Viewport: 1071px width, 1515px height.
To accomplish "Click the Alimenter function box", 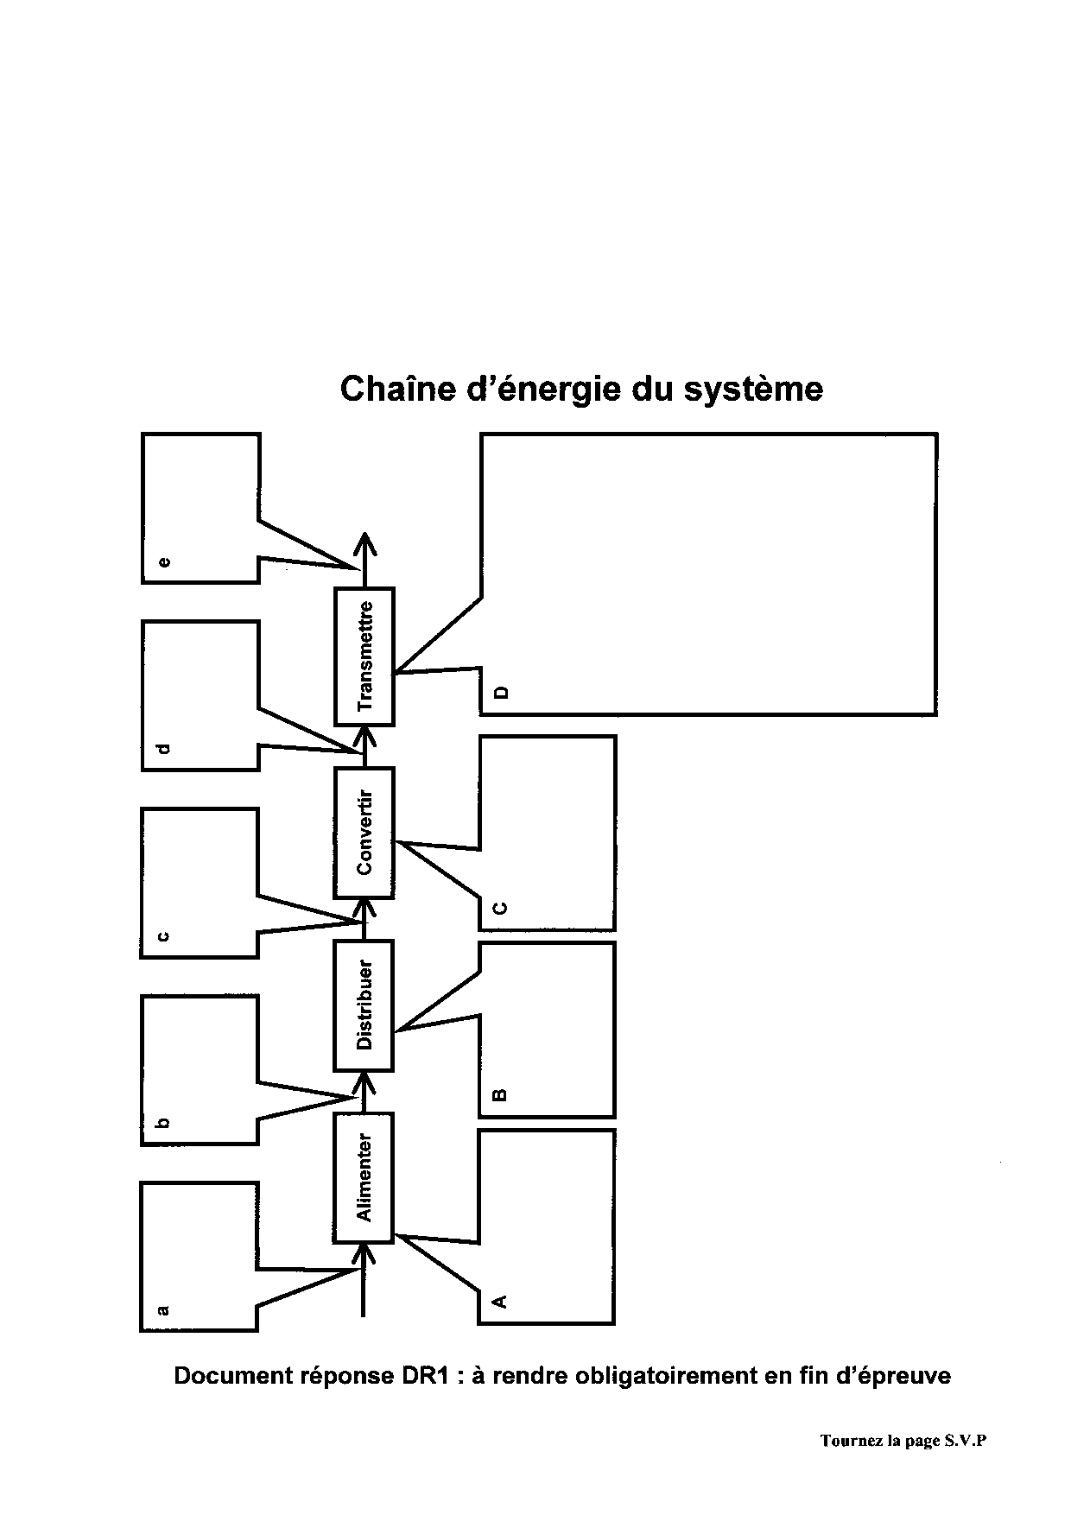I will [x=364, y=1177].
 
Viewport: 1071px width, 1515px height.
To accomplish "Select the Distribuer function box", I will [x=364, y=1005].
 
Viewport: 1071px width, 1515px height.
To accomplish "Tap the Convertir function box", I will [x=364, y=832].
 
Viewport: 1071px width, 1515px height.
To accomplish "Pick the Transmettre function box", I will [x=364, y=656].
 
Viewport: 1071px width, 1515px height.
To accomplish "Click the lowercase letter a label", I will [x=163, y=1310].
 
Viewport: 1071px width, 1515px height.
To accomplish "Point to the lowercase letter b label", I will [x=163, y=1123].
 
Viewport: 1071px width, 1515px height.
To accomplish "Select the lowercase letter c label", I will [x=163, y=936].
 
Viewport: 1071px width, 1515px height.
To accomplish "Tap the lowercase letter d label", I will [x=163, y=749].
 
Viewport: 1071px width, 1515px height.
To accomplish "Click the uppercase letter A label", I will [x=498, y=1301].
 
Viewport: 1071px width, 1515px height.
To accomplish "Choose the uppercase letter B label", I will [x=498, y=1095].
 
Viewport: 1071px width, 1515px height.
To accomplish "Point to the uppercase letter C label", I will [x=498, y=908].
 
